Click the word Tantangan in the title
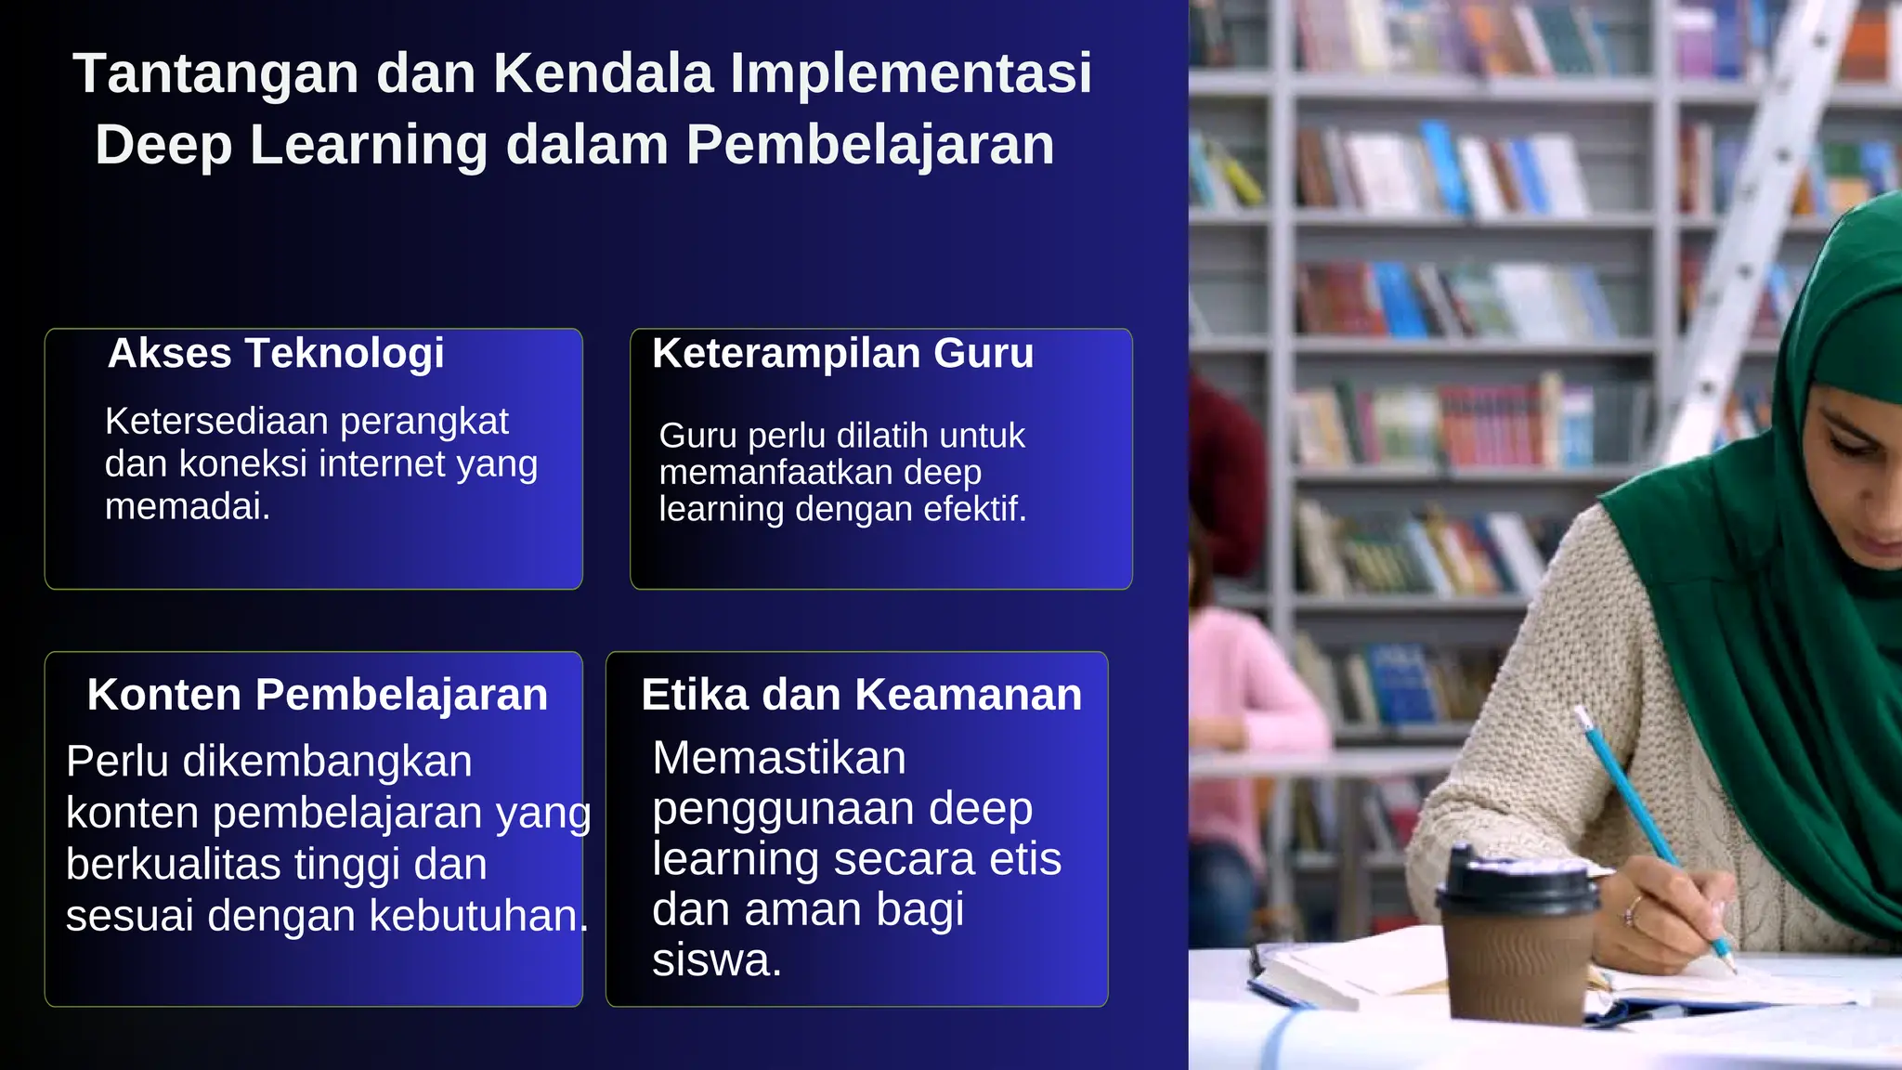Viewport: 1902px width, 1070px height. coord(215,73)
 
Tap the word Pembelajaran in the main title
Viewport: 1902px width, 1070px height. coord(870,146)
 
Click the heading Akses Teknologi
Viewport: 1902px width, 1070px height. coord(276,354)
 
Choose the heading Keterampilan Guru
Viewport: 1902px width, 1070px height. coord(842,354)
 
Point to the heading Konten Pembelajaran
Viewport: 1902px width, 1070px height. coord(318,695)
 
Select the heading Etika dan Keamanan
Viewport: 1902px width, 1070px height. coord(861,695)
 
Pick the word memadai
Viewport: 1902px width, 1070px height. coord(187,506)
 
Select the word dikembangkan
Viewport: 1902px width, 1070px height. coord(327,762)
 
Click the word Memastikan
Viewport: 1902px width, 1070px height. coord(778,758)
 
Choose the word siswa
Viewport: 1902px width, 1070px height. coord(716,960)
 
